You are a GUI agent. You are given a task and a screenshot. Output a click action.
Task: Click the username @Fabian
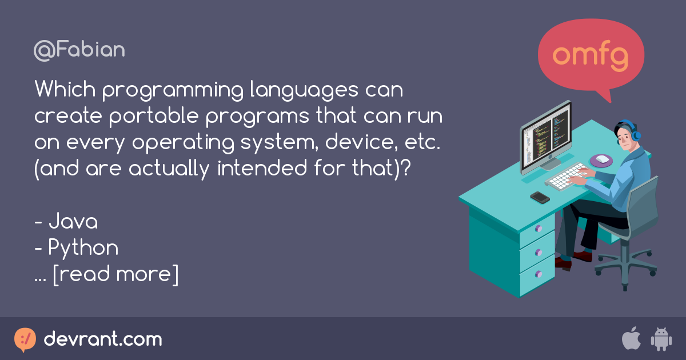(79, 50)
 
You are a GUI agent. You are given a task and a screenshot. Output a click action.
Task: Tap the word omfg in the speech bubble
(590, 56)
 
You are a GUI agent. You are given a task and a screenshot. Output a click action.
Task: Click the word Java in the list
(73, 221)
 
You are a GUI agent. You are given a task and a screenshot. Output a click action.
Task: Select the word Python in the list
(83, 248)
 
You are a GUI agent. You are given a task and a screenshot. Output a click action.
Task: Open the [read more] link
(115, 275)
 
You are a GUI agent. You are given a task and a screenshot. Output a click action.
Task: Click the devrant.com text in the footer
(103, 339)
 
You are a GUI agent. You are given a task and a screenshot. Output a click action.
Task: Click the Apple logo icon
(631, 338)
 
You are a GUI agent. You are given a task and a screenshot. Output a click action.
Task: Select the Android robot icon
(661, 339)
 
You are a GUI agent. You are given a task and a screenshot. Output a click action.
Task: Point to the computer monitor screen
(547, 135)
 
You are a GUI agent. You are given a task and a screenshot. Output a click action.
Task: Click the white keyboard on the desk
(567, 177)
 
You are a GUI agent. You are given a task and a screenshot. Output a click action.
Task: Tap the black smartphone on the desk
(540, 198)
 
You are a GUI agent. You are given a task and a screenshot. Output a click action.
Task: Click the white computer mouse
(602, 159)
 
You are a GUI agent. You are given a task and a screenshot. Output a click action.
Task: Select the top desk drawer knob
(539, 229)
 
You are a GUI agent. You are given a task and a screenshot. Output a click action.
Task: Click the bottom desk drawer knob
(539, 274)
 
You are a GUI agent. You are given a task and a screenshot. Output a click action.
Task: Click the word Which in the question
(65, 89)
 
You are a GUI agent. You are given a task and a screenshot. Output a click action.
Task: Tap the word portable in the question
(154, 117)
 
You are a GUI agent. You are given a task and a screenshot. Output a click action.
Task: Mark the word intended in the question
(262, 168)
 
